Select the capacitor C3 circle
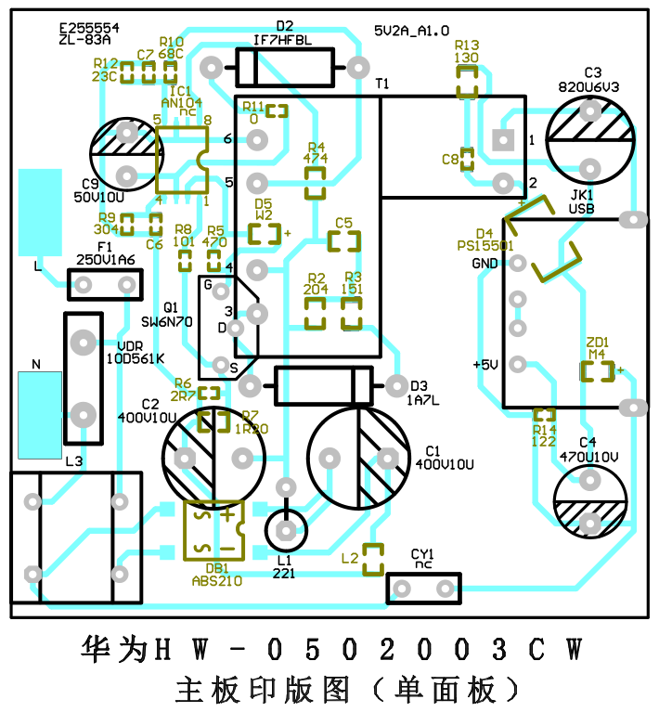(590, 139)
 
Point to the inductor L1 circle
(285, 530)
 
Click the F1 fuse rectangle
(106, 284)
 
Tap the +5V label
(486, 365)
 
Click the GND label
(485, 264)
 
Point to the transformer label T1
(382, 84)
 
